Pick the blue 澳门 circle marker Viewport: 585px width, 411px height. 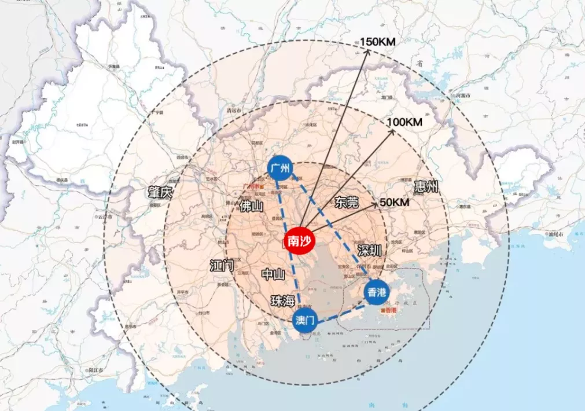(x=304, y=320)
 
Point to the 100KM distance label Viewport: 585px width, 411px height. (x=404, y=123)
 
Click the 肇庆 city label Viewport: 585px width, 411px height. (x=160, y=192)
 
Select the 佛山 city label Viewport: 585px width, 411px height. (x=251, y=206)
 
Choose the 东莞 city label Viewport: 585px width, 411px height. (x=346, y=202)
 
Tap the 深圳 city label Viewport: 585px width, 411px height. (x=369, y=251)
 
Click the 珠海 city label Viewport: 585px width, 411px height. (x=283, y=301)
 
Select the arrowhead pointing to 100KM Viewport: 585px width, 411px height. (x=392, y=131)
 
